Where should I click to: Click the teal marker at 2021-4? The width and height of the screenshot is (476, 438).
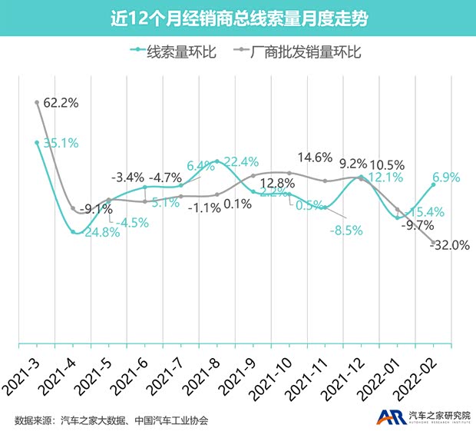tap(74, 232)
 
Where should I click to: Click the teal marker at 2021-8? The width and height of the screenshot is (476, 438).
tap(217, 161)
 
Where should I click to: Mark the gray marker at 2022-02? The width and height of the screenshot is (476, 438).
tap(434, 243)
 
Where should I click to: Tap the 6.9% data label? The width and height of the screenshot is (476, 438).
tap(446, 178)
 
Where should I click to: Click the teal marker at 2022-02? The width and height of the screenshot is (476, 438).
tap(434, 184)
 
